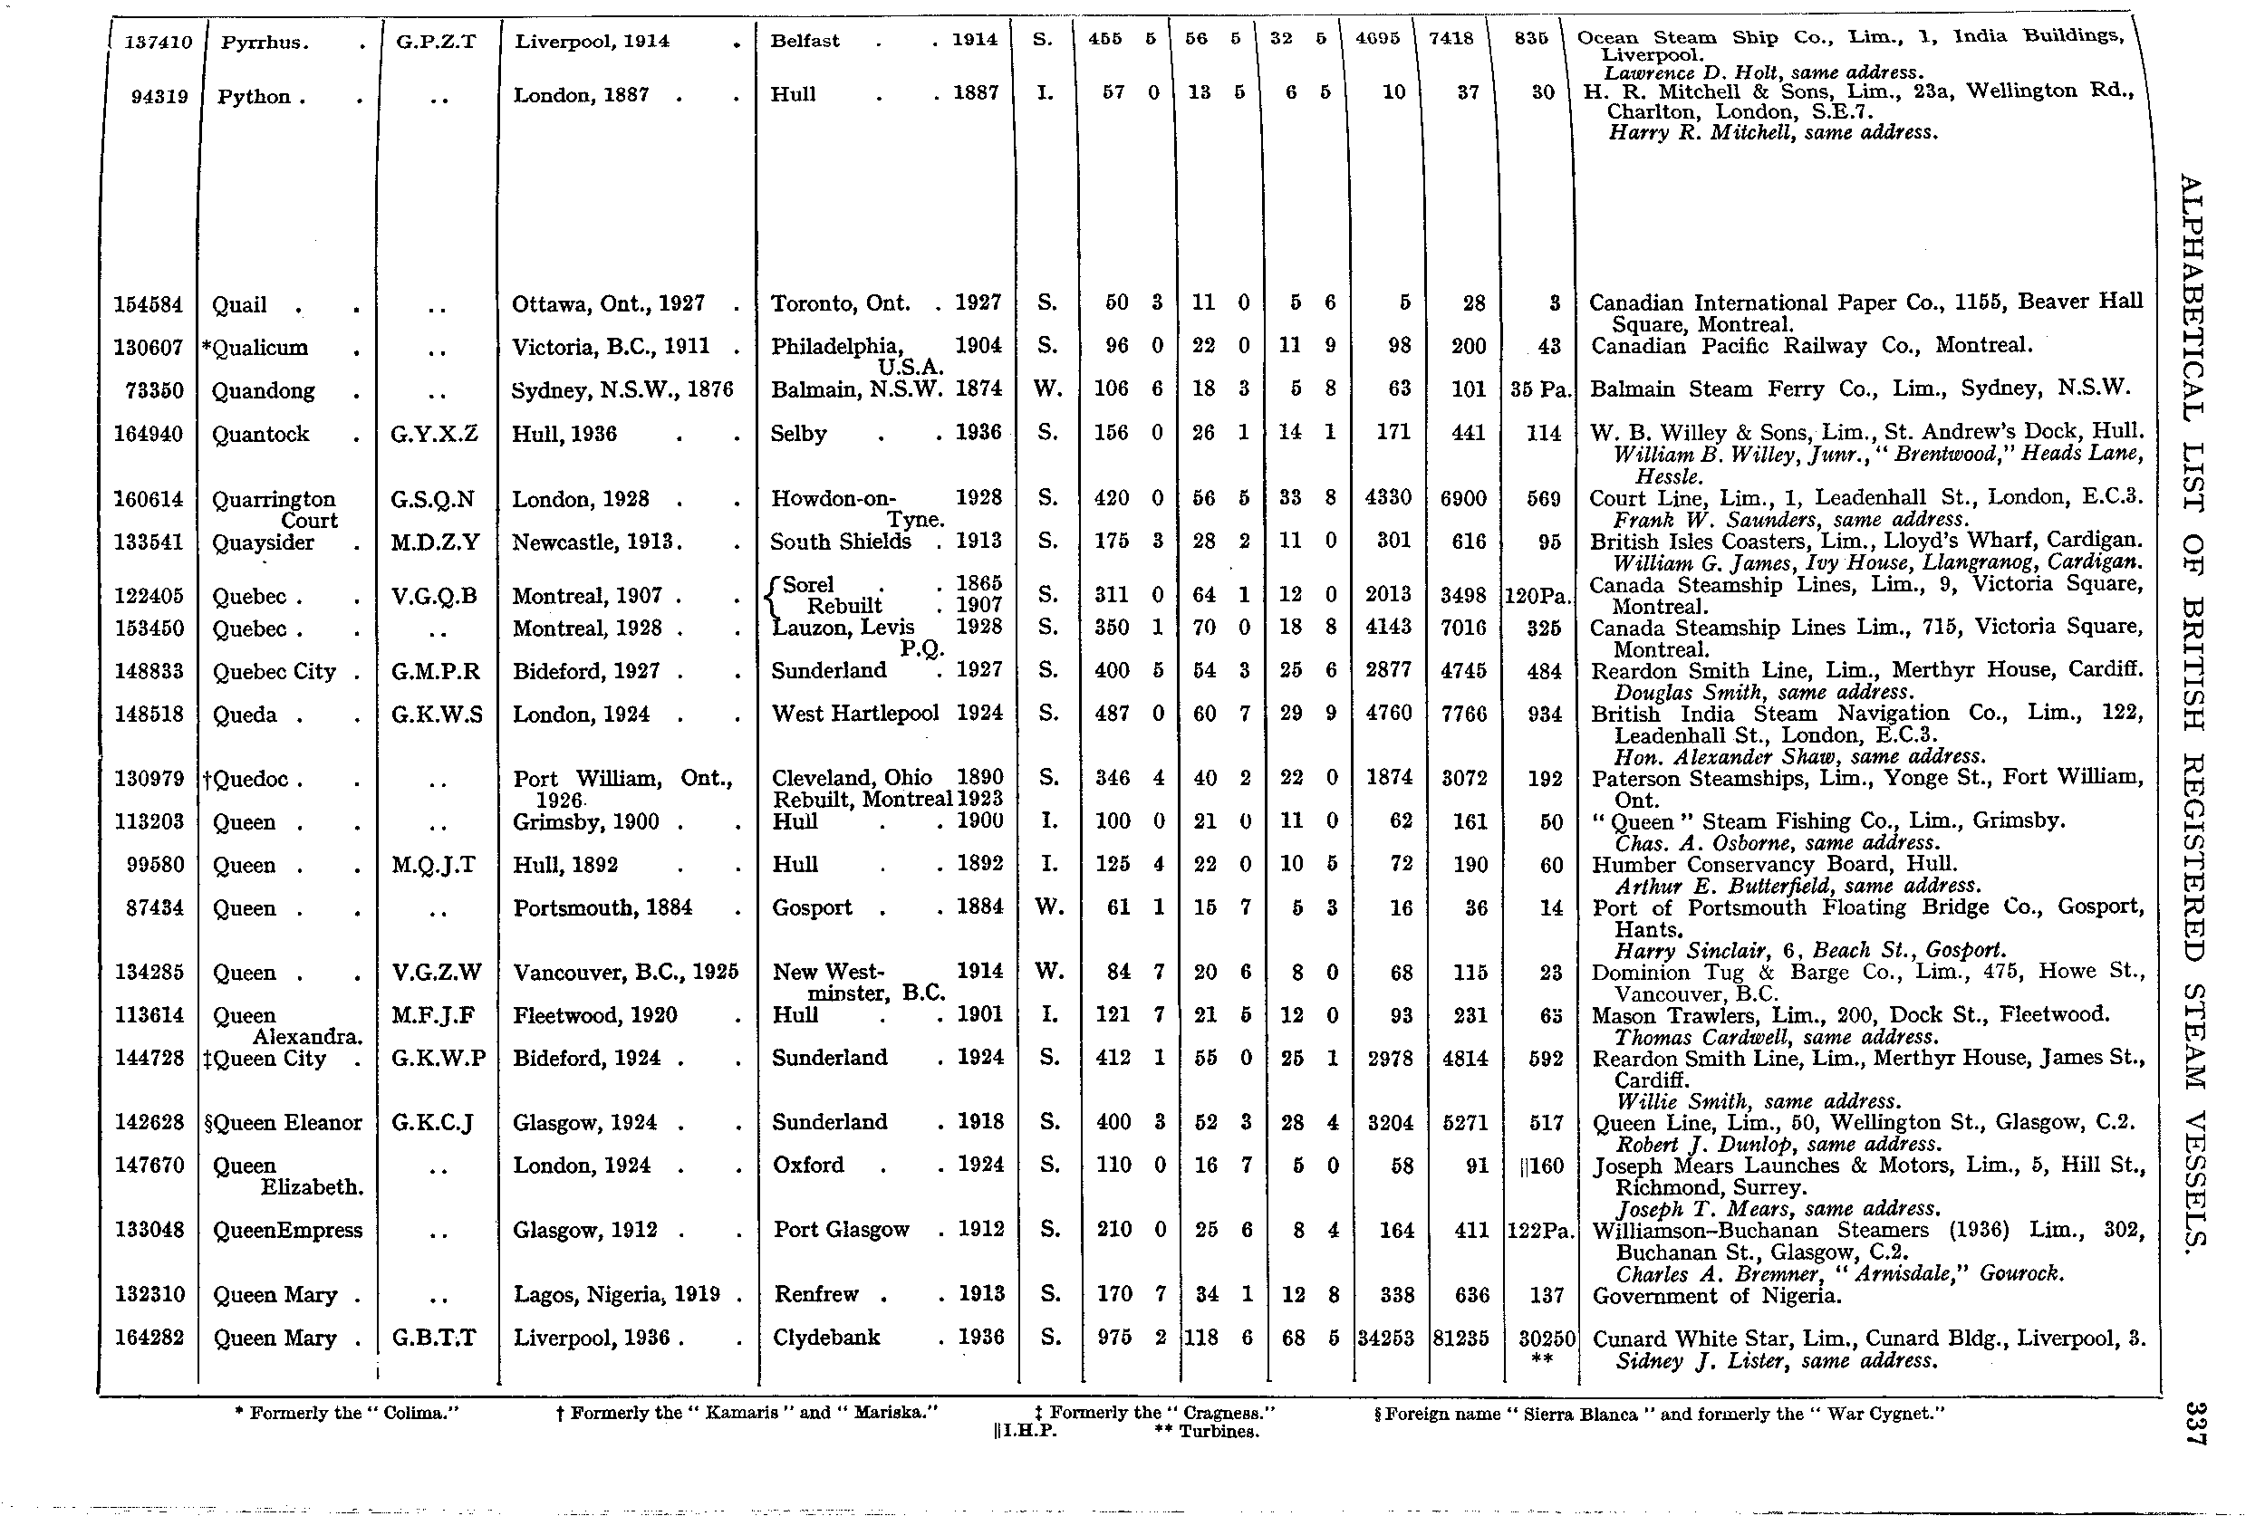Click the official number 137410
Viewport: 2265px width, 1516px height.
click(x=159, y=43)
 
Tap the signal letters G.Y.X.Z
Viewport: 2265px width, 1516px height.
click(x=434, y=434)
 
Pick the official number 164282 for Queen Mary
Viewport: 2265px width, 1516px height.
click(x=149, y=1338)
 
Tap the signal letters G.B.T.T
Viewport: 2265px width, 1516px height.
click(x=434, y=1338)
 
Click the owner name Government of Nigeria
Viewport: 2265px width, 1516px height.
click(x=1716, y=1296)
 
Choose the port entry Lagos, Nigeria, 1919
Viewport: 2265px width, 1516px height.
click(x=617, y=1295)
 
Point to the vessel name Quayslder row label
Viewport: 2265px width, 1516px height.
click(x=263, y=542)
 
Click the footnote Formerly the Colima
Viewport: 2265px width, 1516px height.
click(x=346, y=1413)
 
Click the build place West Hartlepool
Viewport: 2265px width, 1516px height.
click(x=854, y=714)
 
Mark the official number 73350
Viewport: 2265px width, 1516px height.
click(x=155, y=390)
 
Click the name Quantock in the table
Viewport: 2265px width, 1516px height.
click(x=260, y=434)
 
